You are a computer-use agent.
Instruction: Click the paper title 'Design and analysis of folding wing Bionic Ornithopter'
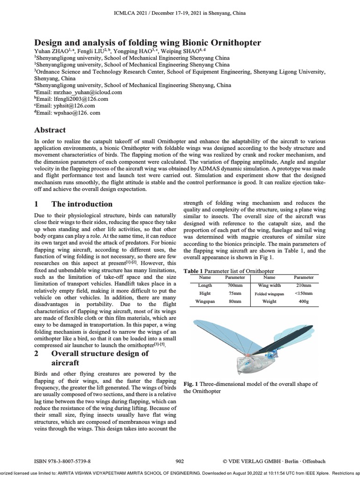tap(148, 43)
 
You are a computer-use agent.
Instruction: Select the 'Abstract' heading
tap(50, 130)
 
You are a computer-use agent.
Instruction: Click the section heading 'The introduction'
tap(82, 204)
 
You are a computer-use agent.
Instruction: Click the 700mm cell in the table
tap(235, 285)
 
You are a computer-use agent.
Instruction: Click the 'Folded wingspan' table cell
tap(270, 293)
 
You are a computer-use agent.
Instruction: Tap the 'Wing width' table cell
tap(270, 285)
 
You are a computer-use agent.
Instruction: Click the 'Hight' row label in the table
tap(205, 293)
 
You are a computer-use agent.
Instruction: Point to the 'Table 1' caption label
tap(193, 271)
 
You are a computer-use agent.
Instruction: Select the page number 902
tap(180, 461)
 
